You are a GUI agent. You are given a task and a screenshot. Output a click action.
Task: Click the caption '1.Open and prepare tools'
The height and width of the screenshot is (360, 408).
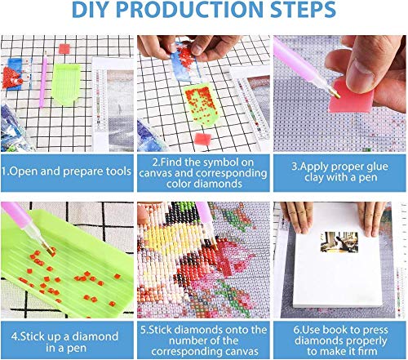point(67,172)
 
